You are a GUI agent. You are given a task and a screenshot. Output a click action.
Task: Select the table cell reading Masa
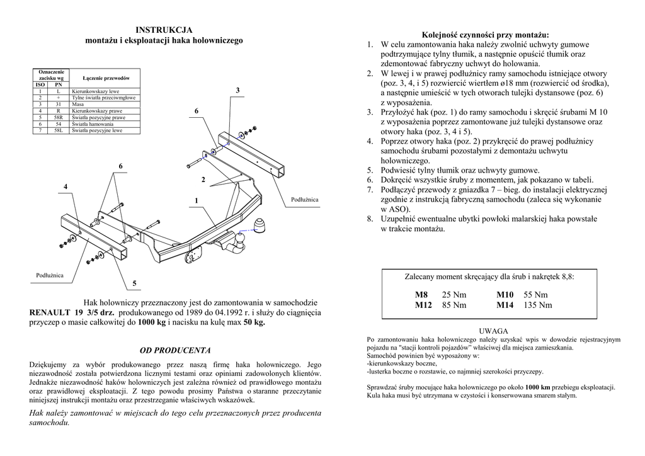pyautogui.click(x=78, y=105)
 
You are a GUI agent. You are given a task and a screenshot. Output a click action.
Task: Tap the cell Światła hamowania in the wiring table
pyautogui.click(x=92, y=124)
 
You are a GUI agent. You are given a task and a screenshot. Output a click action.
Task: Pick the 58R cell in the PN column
pyautogui.click(x=58, y=118)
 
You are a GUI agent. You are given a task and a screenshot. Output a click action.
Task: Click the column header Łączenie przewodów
pyautogui.click(x=106, y=78)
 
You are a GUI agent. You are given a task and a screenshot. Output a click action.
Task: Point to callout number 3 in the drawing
pyautogui.click(x=237, y=91)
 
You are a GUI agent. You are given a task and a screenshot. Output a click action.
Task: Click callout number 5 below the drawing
pyautogui.click(x=134, y=283)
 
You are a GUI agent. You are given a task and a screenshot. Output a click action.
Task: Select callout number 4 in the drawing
pyautogui.click(x=65, y=186)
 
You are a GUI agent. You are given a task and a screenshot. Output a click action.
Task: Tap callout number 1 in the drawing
pyautogui.click(x=197, y=200)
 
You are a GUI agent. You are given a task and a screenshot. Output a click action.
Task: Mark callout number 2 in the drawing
pyautogui.click(x=203, y=180)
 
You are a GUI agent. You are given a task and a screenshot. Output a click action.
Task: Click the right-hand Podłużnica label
pyautogui.click(x=305, y=200)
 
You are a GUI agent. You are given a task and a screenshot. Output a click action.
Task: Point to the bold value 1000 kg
pyautogui.click(x=152, y=322)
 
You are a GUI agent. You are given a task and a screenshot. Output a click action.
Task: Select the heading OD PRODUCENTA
pyautogui.click(x=175, y=350)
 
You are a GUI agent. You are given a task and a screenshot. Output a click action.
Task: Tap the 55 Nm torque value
pyautogui.click(x=535, y=295)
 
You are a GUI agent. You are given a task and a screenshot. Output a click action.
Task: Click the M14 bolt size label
pyautogui.click(x=505, y=305)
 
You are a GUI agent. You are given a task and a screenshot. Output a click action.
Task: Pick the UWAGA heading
pyautogui.click(x=493, y=331)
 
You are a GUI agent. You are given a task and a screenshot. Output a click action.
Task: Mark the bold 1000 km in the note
pyautogui.click(x=537, y=387)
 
